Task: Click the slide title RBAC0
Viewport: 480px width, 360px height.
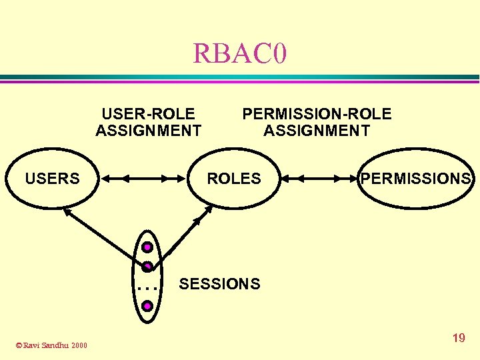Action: coord(240,53)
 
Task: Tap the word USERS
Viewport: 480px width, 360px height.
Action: coord(52,179)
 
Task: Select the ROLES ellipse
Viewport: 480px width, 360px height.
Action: coord(234,179)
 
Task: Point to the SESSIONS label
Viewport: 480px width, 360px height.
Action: coord(220,284)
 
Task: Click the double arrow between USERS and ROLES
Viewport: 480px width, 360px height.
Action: coord(143,179)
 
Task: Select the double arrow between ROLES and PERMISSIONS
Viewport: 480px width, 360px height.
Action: coord(320,179)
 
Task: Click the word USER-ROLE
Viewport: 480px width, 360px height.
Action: coord(148,114)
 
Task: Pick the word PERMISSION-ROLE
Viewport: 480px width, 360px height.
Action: coord(317,114)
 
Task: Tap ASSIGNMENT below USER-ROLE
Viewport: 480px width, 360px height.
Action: coord(148,131)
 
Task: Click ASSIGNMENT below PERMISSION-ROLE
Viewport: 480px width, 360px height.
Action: coord(317,131)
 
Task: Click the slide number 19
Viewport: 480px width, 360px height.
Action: coord(459,338)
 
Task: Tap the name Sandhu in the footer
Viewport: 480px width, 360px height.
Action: coord(57,345)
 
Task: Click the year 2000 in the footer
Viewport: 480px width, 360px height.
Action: coord(79,345)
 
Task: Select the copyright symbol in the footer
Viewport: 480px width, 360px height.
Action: coord(19,345)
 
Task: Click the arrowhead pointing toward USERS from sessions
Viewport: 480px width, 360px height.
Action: coord(66,211)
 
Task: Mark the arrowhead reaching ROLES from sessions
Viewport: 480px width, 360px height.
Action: coord(207,209)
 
